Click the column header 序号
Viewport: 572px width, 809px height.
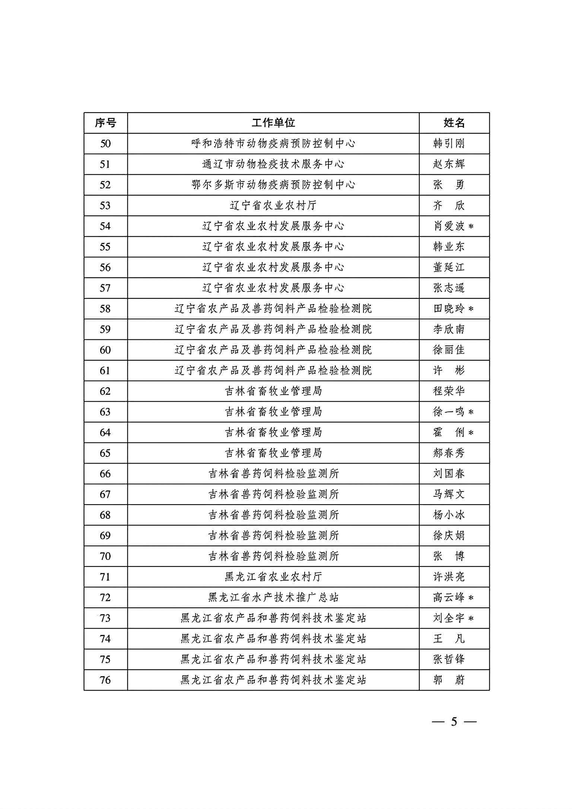(105, 123)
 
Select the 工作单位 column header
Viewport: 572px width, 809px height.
(273, 123)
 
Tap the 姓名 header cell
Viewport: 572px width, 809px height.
(454, 123)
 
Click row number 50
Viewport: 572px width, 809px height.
(105, 143)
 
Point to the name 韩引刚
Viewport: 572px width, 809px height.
(449, 143)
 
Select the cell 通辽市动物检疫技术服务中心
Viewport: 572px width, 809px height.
(273, 164)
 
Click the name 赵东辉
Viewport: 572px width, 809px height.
(449, 164)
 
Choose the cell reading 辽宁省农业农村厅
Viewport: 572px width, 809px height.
(273, 205)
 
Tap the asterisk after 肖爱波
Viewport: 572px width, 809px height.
(471, 227)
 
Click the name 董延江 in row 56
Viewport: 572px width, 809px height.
(449, 267)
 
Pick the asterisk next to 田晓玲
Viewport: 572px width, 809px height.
(471, 309)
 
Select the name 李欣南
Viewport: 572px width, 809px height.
(449, 329)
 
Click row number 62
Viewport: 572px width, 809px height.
(105, 391)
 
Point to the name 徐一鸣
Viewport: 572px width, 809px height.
(449, 412)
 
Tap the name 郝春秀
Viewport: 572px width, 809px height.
(449, 453)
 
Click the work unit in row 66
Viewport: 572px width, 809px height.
(273, 474)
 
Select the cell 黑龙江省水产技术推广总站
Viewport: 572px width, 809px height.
(273, 597)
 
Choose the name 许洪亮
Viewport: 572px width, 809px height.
(449, 577)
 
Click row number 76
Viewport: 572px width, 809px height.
(105, 680)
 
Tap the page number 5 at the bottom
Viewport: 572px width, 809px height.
(454, 722)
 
